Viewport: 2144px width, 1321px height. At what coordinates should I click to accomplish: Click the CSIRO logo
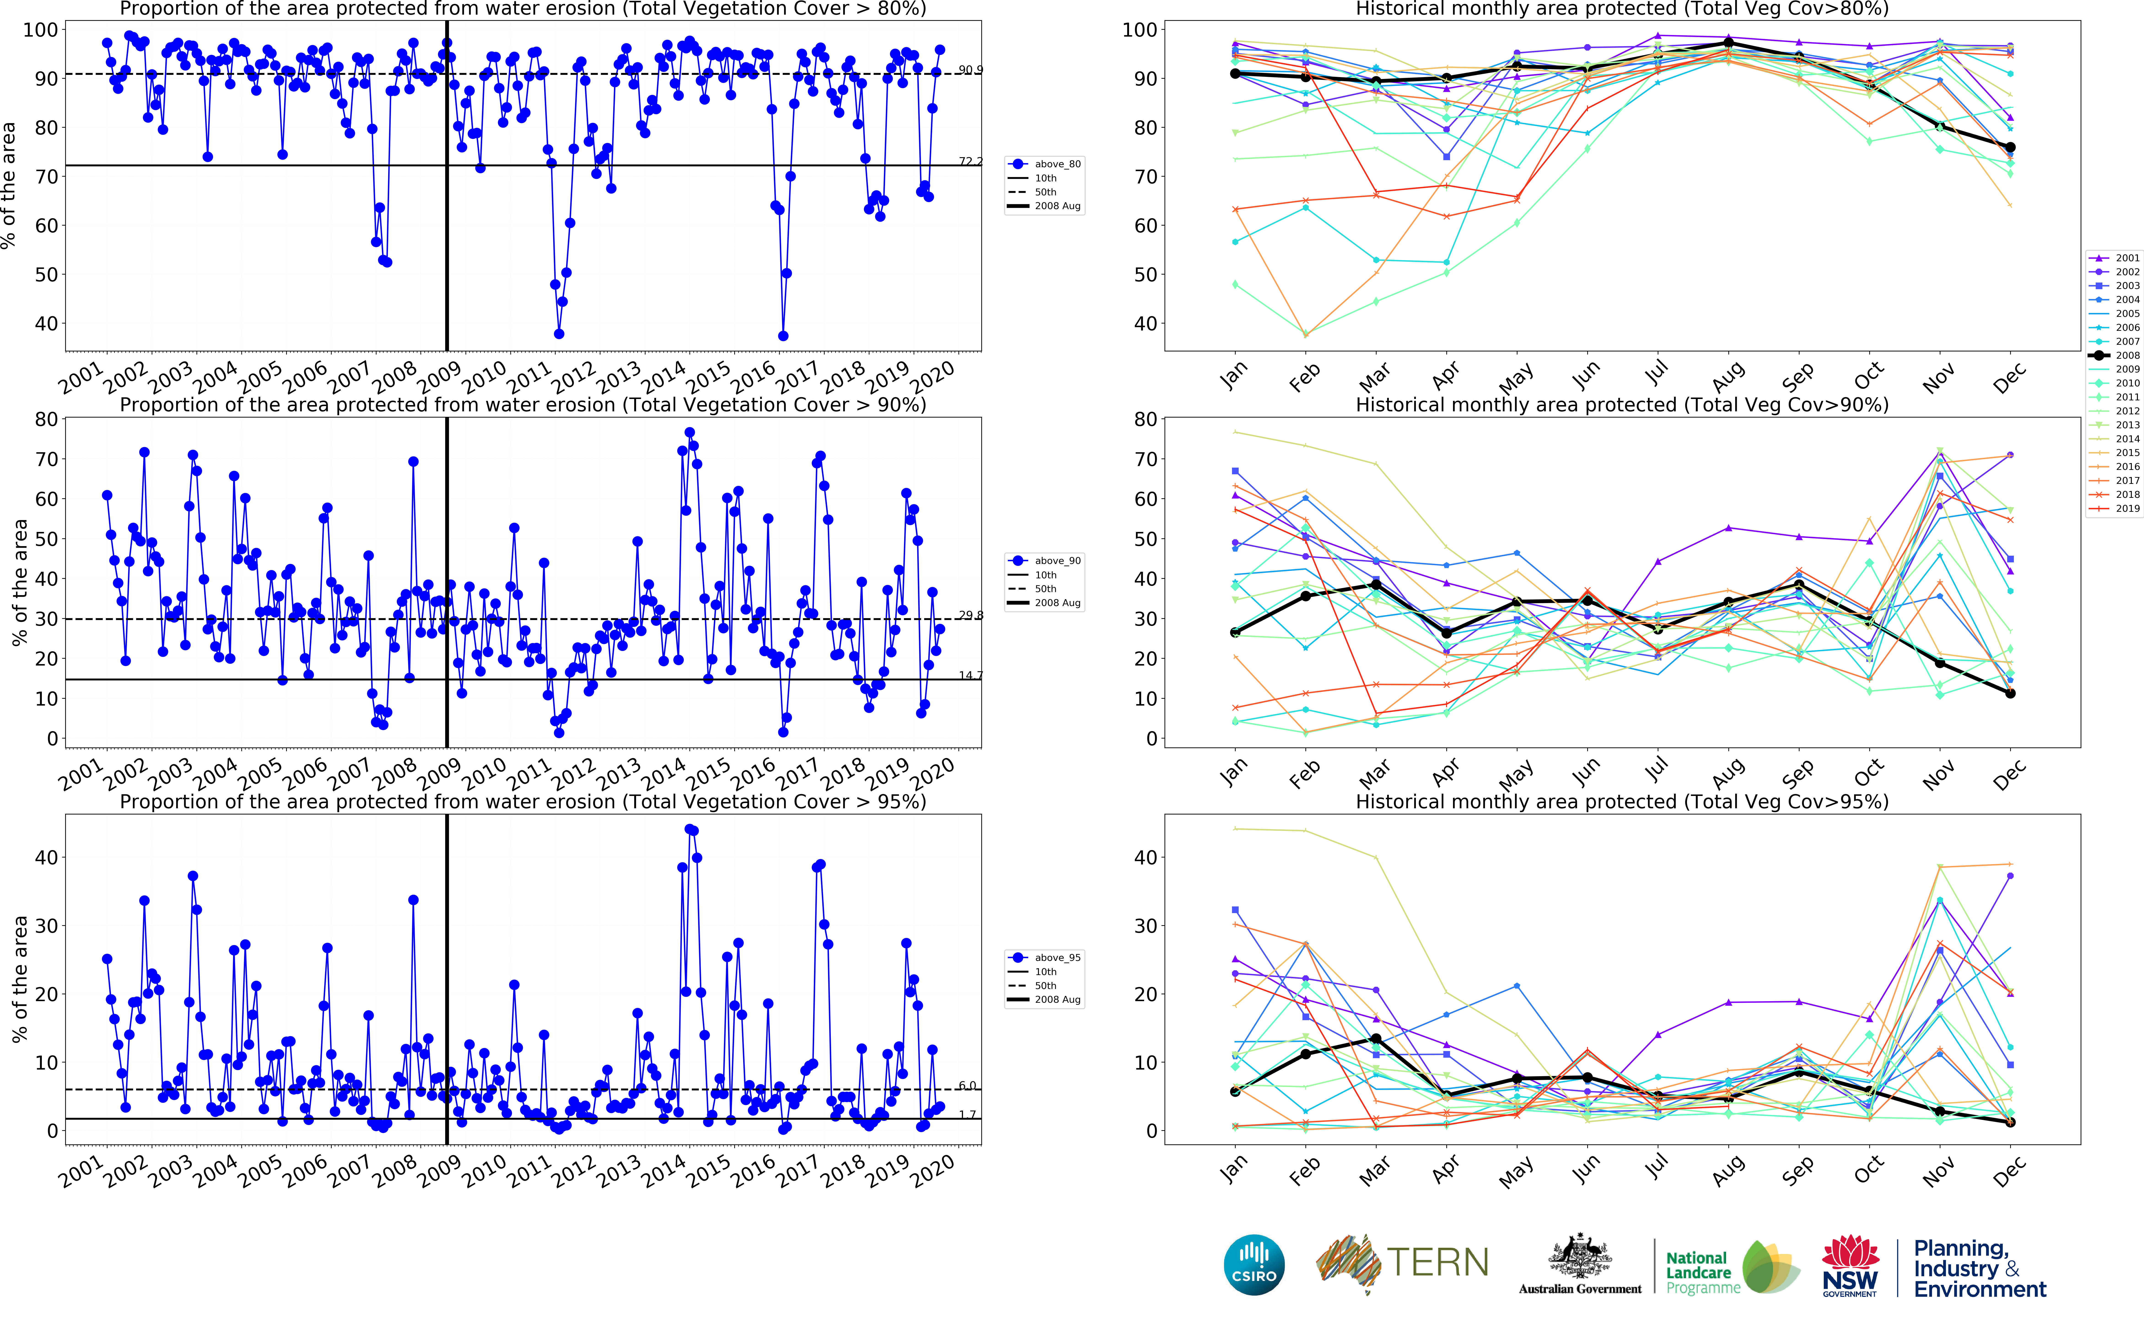click(x=1254, y=1264)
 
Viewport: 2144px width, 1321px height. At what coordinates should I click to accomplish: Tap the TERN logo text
click(x=1437, y=1262)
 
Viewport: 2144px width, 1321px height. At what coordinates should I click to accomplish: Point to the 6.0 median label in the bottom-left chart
click(x=968, y=1085)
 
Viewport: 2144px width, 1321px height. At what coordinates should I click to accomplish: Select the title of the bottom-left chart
click(x=522, y=801)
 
